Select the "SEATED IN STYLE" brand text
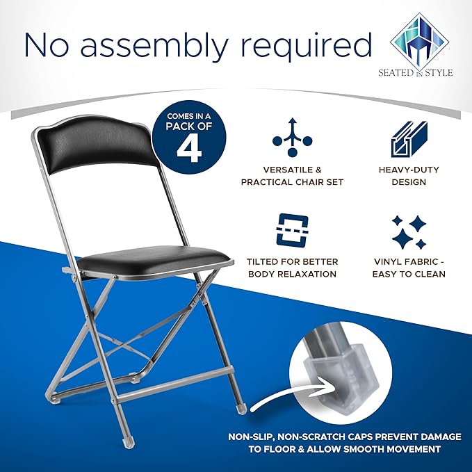tap(416, 72)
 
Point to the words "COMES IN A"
tap(189, 116)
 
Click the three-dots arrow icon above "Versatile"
tap(292, 138)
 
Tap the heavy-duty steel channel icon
tap(409, 139)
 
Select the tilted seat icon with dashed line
tap(292, 229)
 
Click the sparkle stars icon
tap(409, 232)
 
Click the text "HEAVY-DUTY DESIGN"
tap(409, 176)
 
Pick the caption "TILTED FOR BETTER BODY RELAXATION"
tap(292, 268)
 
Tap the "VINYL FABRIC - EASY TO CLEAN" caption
tap(409, 268)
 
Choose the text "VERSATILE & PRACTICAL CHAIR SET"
tap(292, 176)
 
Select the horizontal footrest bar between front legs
tap(174, 384)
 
